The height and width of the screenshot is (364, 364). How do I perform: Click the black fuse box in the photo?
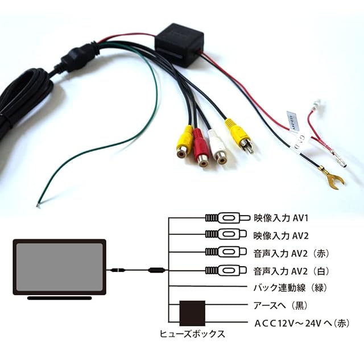coord(179,45)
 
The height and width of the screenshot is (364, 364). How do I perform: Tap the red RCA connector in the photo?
coord(201,147)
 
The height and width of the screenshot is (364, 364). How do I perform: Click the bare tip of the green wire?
coord(38,205)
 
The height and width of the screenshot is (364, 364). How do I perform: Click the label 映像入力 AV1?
coord(281,218)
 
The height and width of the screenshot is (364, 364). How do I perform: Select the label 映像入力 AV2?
coord(281,235)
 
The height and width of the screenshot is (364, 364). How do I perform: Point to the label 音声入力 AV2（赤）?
coord(291,253)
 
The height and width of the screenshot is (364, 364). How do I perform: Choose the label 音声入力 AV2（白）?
coord(291,271)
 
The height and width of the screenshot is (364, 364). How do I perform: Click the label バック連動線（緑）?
coord(290,288)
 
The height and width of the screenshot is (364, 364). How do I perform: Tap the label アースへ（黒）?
coord(280,305)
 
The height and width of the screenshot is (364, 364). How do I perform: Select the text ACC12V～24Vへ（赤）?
coord(302,323)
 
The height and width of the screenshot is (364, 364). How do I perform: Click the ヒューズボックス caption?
coord(192,334)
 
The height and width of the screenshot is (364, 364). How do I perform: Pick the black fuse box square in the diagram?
coord(192,313)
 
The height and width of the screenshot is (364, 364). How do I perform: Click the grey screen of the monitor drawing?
coord(59,267)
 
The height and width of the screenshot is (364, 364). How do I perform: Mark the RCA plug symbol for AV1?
coord(227,218)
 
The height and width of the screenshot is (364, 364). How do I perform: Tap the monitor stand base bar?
coord(59,298)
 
